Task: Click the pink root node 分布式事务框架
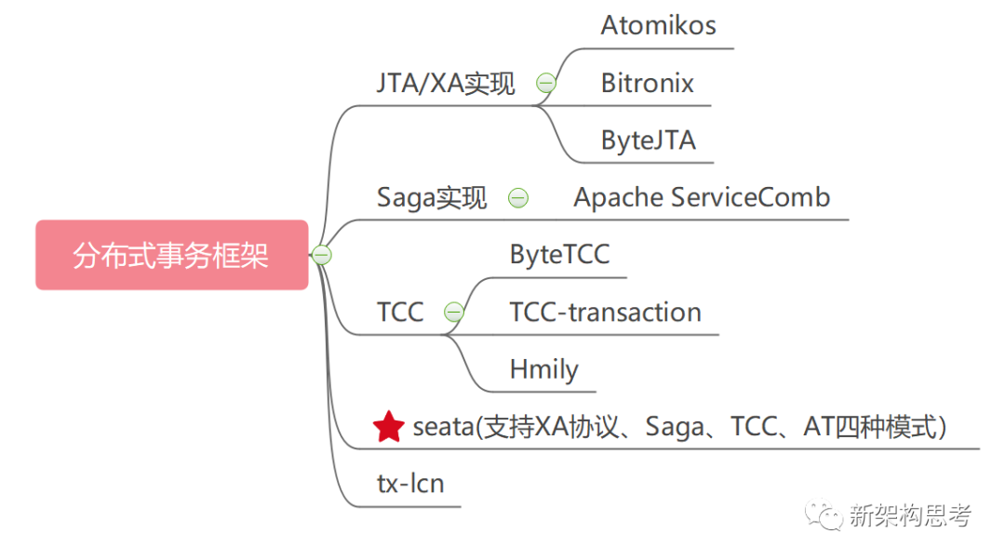point(171,255)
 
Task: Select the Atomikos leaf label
point(658,25)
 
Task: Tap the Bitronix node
point(647,83)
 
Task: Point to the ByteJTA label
point(648,140)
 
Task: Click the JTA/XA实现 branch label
point(445,84)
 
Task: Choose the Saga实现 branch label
point(431,198)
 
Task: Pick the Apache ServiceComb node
point(702,197)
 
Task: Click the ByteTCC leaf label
point(559,255)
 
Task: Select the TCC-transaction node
point(605,313)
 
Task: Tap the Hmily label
point(543,369)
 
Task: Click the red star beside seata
point(388,427)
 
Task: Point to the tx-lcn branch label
point(409,484)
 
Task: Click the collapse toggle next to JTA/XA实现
point(546,84)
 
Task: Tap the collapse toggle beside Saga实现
point(518,198)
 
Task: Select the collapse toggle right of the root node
point(322,255)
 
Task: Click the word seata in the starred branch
point(442,427)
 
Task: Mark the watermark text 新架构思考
point(909,516)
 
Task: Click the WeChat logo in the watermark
point(825,515)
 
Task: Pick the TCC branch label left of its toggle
point(400,313)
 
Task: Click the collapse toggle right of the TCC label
point(453,313)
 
